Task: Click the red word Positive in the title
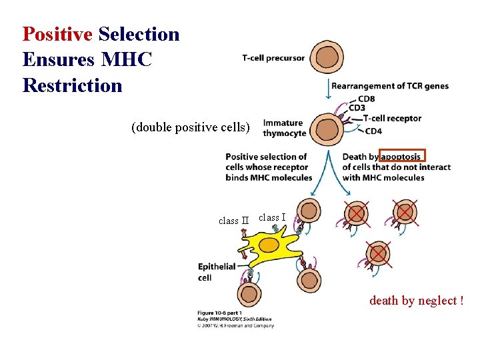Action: coord(57,34)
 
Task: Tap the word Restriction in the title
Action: coord(73,86)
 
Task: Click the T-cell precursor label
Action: coord(273,58)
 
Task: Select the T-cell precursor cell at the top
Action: coord(328,58)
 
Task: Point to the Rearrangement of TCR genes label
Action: coord(390,86)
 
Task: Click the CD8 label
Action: coord(366,99)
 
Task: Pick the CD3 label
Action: coord(357,108)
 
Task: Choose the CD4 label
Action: coord(373,131)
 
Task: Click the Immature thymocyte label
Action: coord(285,128)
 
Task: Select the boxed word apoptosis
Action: coord(401,157)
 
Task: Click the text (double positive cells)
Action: coord(191,127)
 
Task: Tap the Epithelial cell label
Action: coord(216,272)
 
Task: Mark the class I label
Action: coord(272,217)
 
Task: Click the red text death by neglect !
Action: coord(416,301)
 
